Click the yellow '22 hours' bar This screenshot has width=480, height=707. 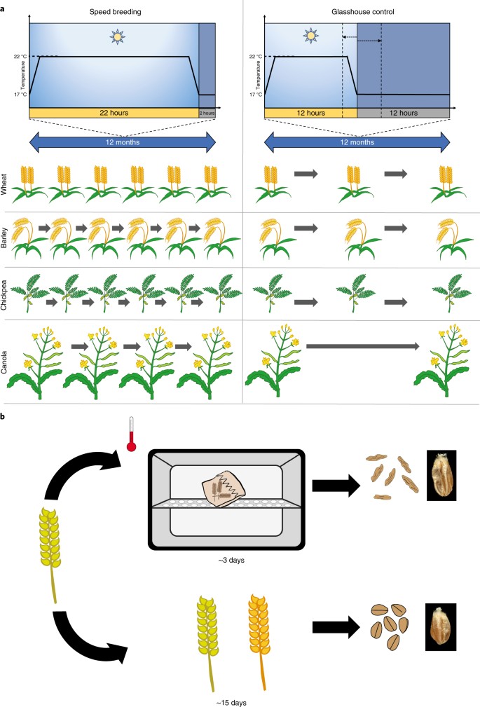tap(114, 113)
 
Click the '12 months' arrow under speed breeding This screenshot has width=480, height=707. tap(122, 141)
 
